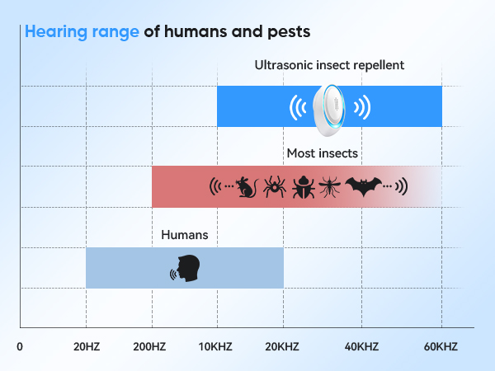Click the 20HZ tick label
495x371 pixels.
coord(86,346)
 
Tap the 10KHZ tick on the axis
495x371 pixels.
coord(217,346)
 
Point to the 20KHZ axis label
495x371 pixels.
coord(283,346)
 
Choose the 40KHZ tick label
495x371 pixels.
coord(362,346)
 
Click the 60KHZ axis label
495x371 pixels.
coord(441,346)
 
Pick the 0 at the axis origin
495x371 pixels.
coord(20,346)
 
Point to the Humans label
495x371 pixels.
coord(184,235)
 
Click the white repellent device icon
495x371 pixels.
coord(330,107)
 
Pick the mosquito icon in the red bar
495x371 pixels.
coord(331,186)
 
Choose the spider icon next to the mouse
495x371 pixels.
coord(274,186)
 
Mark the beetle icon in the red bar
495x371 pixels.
coord(303,186)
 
